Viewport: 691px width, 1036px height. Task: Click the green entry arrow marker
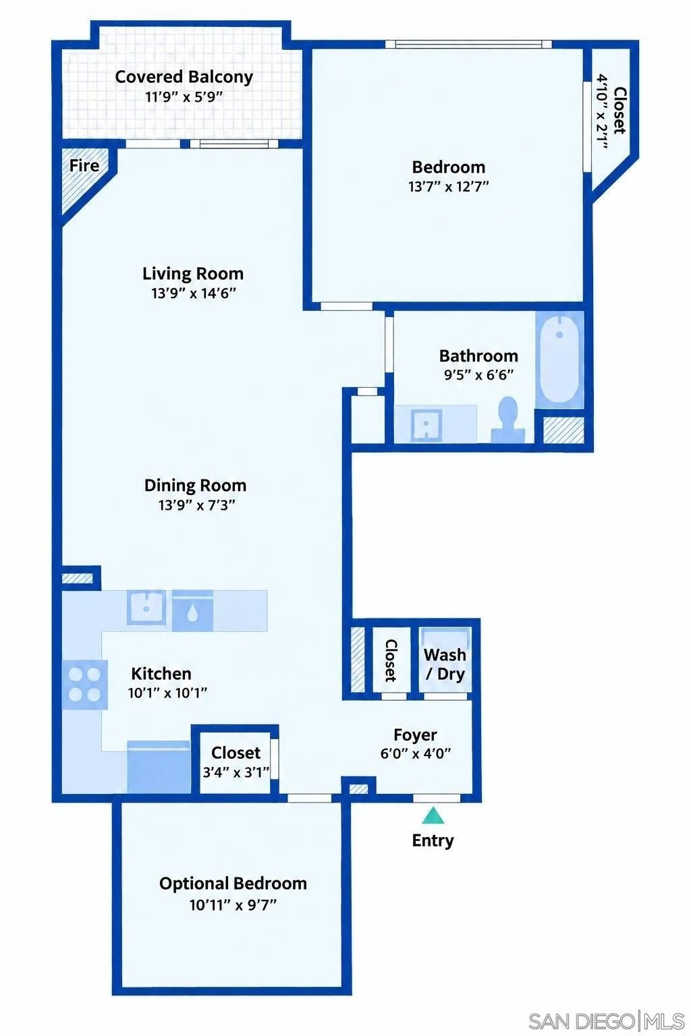433,816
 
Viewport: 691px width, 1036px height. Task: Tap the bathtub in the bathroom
559,359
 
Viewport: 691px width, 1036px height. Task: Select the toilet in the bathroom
508,420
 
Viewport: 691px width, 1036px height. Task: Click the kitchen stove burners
85,685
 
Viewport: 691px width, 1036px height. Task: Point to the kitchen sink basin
146,607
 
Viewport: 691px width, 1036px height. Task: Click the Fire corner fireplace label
84,165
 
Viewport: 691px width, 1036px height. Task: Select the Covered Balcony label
184,77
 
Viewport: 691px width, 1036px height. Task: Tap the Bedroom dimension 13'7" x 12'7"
449,186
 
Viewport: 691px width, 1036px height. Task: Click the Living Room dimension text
194,293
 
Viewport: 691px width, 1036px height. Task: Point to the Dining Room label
195,486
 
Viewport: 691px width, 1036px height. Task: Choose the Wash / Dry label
445,664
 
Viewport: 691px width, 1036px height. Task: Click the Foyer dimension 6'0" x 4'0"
416,753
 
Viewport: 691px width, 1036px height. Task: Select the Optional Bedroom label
233,884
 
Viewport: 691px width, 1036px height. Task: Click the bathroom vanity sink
426,424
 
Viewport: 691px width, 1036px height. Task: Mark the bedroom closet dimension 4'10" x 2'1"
602,111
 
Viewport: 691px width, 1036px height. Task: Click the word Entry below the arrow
433,840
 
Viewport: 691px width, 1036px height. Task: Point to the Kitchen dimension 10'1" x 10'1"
167,693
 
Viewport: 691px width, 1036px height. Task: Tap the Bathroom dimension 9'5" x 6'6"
478,374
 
